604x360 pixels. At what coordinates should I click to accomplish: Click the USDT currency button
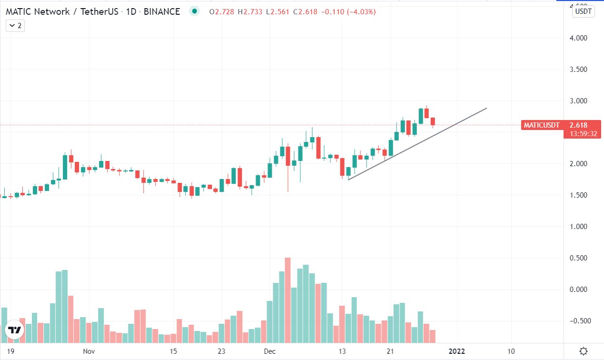[x=583, y=11]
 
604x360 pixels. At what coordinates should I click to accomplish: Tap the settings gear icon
[x=584, y=351]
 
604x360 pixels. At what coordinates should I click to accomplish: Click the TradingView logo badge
[x=15, y=330]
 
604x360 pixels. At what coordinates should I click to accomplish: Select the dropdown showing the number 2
[x=15, y=26]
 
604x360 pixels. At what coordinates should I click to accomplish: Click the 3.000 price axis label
[x=578, y=100]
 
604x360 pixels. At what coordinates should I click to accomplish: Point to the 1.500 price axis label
[x=578, y=195]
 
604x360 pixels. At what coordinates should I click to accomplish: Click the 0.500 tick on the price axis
[x=578, y=258]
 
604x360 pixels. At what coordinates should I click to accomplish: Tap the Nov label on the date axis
[x=89, y=351]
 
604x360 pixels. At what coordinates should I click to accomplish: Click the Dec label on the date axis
[x=270, y=351]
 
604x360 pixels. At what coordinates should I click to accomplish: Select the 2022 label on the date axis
[x=456, y=351]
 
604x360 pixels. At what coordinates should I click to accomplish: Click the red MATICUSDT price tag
[x=542, y=125]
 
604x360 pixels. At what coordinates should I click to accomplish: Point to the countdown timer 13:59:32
[x=583, y=134]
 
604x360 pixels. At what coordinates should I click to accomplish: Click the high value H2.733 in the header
[x=250, y=12]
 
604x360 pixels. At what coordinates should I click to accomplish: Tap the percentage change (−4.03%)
[x=361, y=12]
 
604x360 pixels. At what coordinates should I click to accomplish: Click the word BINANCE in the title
[x=162, y=11]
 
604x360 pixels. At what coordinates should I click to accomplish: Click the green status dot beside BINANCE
[x=194, y=11]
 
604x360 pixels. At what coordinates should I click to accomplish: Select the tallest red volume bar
[x=287, y=300]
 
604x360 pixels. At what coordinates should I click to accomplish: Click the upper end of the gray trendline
[x=487, y=108]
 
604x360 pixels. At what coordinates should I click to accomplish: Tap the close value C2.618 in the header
[x=305, y=12]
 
